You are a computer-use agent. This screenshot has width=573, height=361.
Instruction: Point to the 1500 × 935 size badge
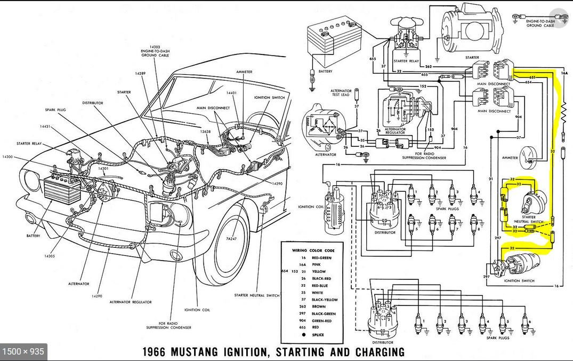(23, 351)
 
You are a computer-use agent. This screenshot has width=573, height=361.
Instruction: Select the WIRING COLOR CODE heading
(313, 250)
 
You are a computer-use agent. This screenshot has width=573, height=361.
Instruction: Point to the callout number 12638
(206, 131)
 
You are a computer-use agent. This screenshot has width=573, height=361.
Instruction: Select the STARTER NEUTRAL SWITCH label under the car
(257, 295)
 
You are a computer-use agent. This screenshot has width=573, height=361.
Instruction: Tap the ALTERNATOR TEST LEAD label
(341, 93)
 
